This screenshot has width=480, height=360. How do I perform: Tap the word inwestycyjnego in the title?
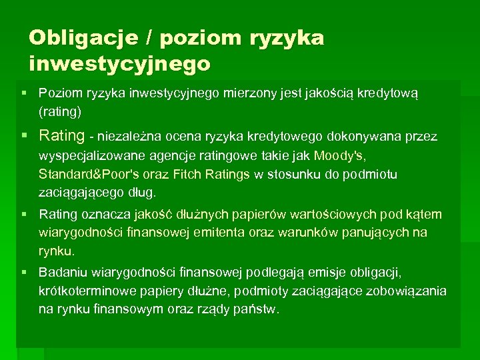120,65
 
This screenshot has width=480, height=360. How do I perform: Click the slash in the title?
149,38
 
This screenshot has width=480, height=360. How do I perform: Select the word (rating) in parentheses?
60,110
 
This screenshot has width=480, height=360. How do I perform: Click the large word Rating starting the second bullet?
62,136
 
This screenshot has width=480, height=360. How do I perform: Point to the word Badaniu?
60,272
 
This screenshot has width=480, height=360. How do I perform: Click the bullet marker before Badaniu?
25,272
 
